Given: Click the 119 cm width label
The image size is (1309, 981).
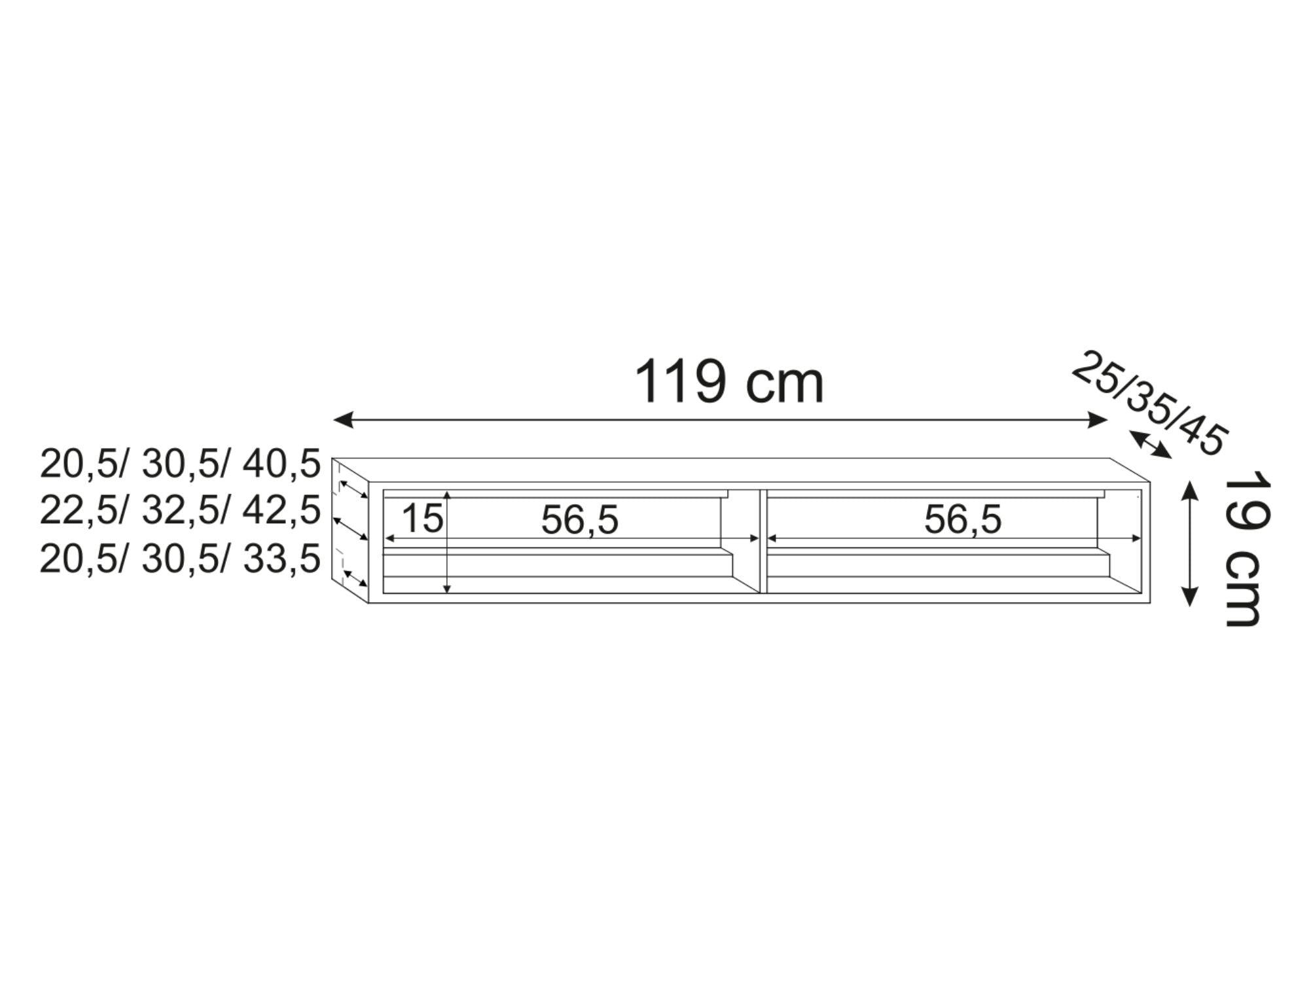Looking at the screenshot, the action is pos(729,382).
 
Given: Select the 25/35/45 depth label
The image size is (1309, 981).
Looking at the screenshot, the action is pos(1150,402).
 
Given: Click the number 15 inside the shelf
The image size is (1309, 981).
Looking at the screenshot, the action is pos(422,519).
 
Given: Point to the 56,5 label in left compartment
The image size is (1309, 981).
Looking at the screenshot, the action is pos(579,521).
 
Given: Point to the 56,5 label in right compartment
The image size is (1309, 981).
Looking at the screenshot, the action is pos(963,519).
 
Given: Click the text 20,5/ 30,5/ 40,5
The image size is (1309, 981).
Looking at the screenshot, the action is pos(180,464).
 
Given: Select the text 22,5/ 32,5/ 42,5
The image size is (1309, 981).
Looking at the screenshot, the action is pos(180,510).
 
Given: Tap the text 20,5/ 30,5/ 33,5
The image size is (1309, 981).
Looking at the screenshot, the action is pos(180,560).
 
